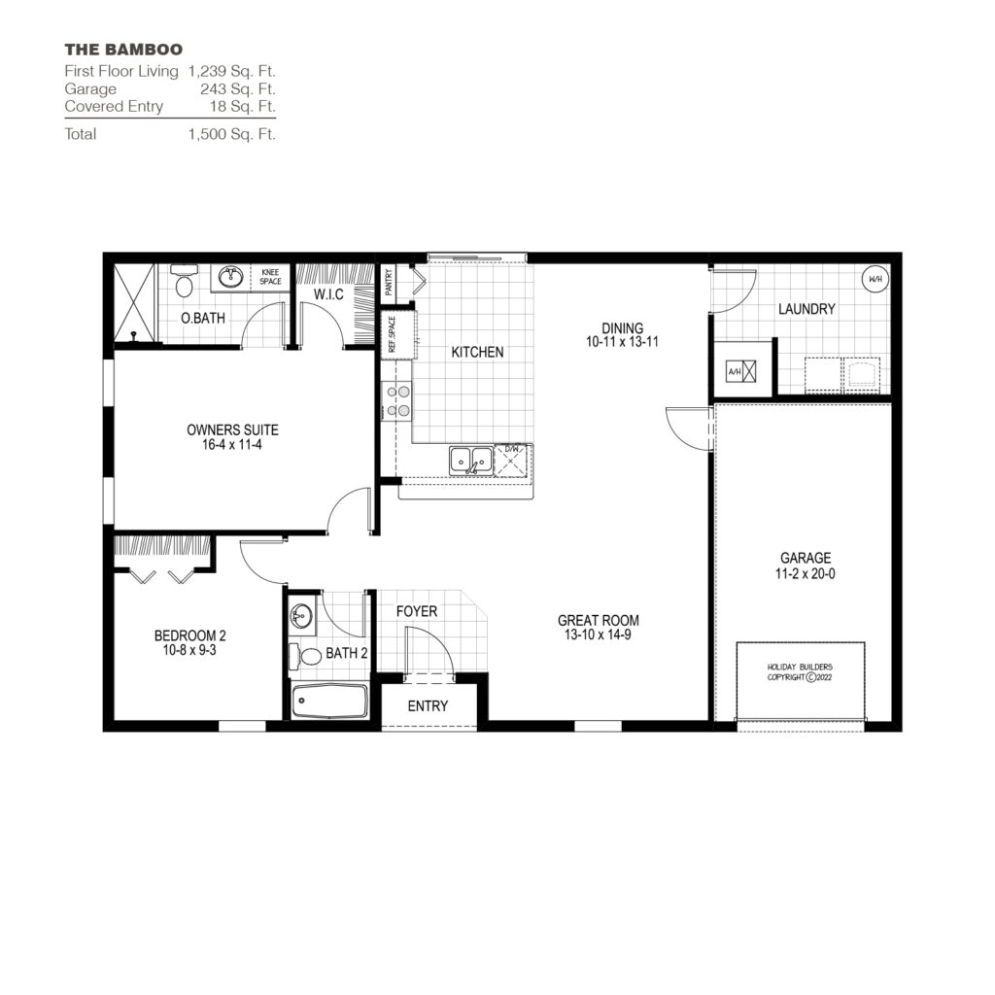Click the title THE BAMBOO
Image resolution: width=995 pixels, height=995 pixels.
123,49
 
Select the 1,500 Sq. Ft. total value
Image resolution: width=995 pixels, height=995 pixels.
232,134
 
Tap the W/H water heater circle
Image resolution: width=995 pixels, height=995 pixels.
875,279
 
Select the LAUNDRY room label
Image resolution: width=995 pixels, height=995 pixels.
806,309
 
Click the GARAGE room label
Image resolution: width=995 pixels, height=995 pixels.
806,558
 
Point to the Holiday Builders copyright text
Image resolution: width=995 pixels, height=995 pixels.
800,671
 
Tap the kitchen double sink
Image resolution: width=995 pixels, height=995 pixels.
471,460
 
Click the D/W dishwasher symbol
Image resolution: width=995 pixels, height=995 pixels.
511,459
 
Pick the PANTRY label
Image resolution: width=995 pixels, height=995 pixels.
389,282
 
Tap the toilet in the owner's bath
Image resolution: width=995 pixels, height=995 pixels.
184,286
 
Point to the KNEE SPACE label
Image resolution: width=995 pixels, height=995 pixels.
270,277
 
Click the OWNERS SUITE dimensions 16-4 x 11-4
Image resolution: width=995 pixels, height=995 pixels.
239,445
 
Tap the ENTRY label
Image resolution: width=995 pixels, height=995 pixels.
428,706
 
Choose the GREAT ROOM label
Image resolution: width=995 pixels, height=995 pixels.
598,621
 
